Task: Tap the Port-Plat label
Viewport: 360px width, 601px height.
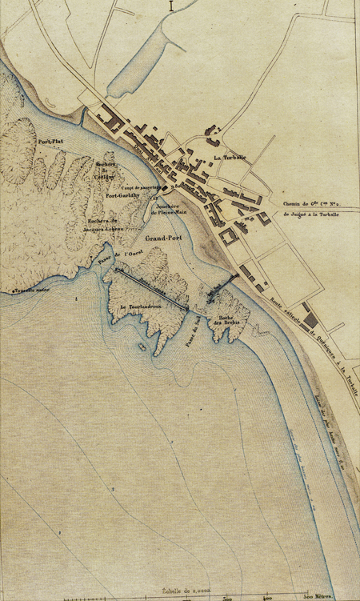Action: coord(50,142)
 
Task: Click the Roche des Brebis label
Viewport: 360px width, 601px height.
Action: coord(226,321)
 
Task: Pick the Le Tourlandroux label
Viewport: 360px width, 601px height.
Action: coord(137,307)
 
